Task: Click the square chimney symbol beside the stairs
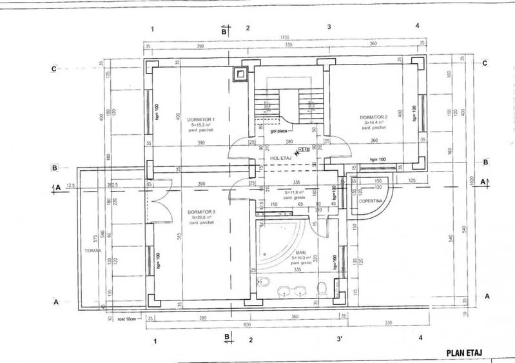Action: coord(241,74)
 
